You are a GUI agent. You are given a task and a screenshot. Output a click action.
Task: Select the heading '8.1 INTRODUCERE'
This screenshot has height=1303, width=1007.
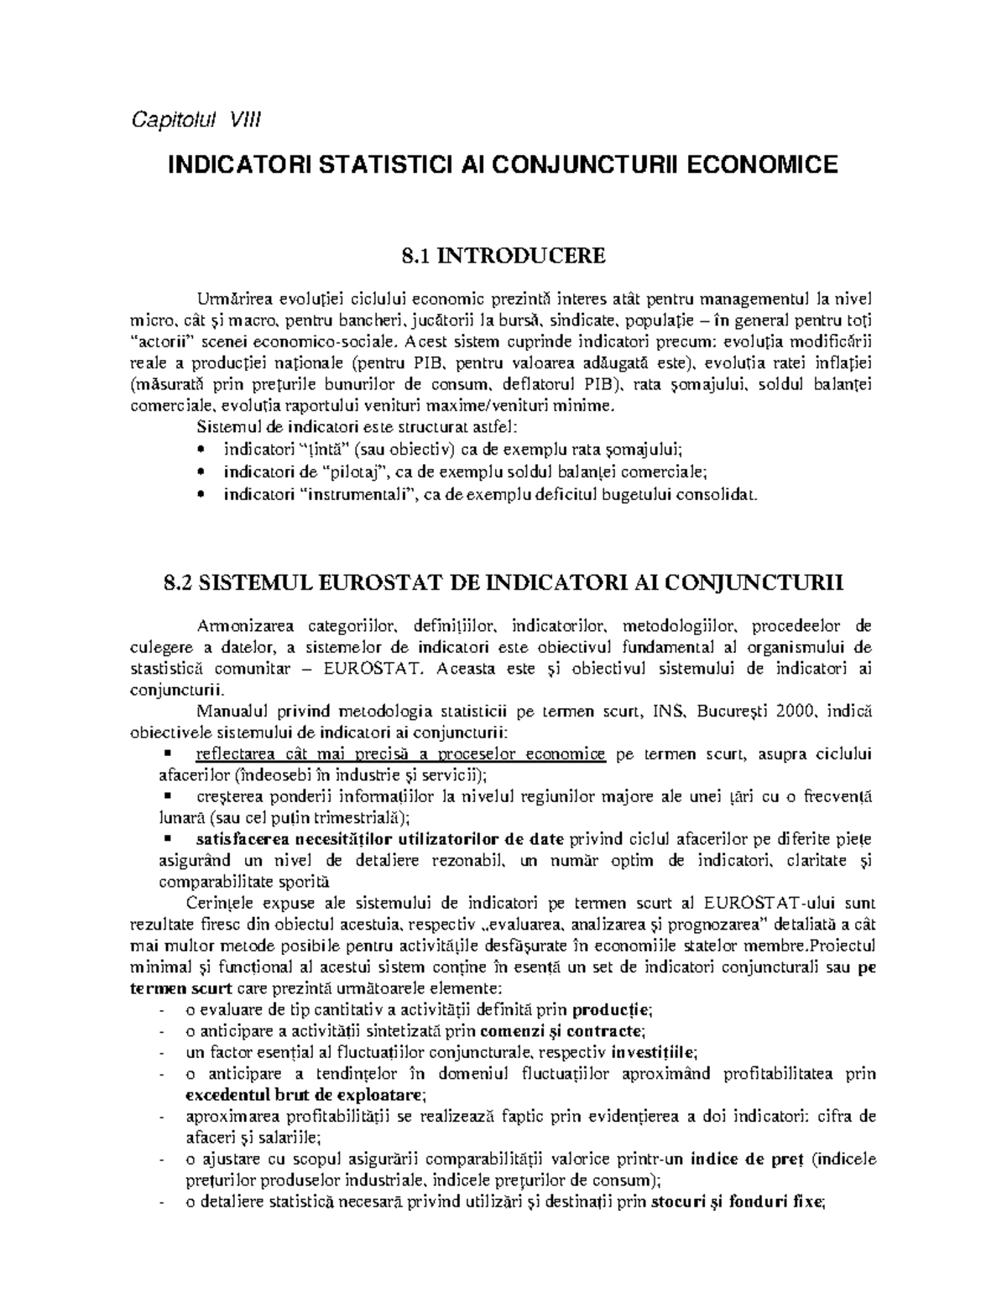coord(503,255)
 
